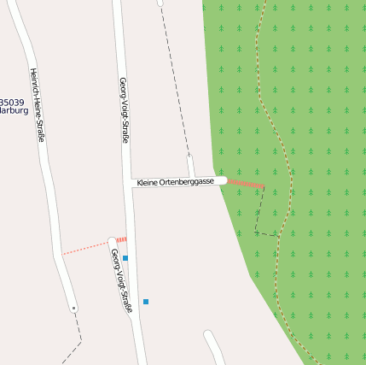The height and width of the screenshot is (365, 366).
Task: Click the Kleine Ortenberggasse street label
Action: [x=175, y=182]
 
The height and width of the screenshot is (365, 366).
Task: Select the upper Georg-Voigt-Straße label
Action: [x=124, y=110]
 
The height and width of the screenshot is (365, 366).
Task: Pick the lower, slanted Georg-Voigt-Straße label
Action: [x=122, y=280]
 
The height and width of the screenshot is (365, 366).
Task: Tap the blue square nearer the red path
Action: [x=125, y=257]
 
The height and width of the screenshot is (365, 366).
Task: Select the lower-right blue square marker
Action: [x=146, y=302]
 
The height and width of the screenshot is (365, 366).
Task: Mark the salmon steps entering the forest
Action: [x=246, y=183]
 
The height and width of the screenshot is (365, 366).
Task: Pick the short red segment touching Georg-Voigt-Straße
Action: [x=121, y=240]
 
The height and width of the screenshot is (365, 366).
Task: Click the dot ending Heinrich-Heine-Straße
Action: [x=74, y=308]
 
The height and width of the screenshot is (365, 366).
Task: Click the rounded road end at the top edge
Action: [x=160, y=3]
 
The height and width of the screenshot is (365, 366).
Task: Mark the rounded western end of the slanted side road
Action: [x=112, y=241]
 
